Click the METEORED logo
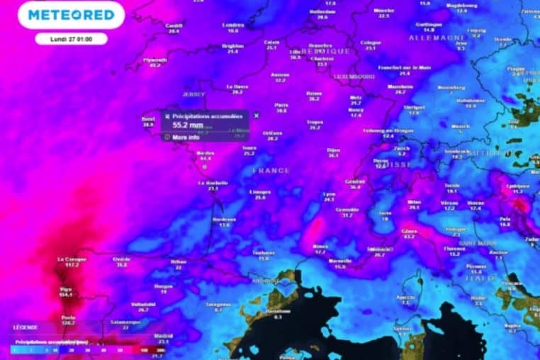point(71,15)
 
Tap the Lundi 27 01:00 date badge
point(71,38)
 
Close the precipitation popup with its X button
point(257,115)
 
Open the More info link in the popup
point(185,137)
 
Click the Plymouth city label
point(154,60)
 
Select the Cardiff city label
point(174,26)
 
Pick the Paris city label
point(282,104)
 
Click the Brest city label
point(148,119)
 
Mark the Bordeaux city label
point(224,219)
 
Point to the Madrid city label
point(164,335)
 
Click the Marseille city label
point(340,260)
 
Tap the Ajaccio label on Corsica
point(405,297)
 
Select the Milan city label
point(415,201)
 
